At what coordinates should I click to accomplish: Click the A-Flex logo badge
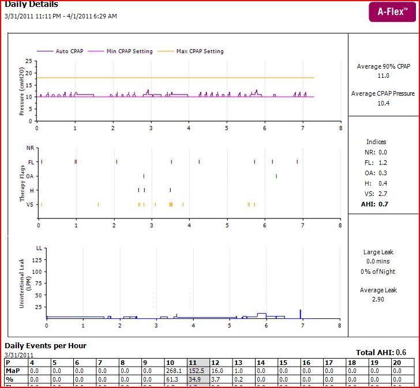[392, 12]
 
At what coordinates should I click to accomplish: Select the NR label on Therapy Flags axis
[31, 148]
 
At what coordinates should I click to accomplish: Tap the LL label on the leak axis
[39, 248]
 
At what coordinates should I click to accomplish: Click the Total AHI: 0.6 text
[385, 352]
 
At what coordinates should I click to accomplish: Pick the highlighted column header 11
[192, 363]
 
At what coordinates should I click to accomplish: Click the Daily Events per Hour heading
[46, 346]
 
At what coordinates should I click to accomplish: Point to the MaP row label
[13, 371]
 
